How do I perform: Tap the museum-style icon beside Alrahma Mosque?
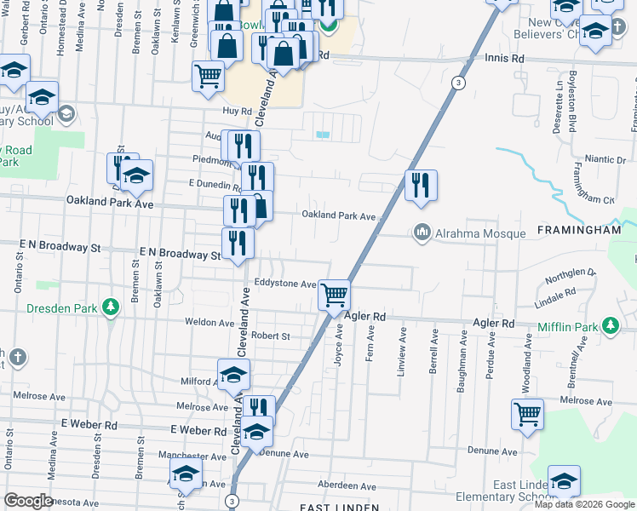click(422, 232)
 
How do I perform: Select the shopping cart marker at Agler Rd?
click(335, 295)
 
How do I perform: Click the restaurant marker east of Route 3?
click(421, 185)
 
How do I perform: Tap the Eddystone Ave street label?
click(285, 284)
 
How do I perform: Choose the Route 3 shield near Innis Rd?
click(459, 83)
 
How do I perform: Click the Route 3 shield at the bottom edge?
click(232, 501)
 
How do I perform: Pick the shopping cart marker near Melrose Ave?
click(527, 415)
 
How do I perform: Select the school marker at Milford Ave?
click(233, 375)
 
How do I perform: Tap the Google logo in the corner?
click(28, 501)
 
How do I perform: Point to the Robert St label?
click(271, 336)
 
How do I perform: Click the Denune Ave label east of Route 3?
click(492, 451)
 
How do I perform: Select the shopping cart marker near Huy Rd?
click(208, 76)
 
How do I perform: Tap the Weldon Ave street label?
click(209, 322)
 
